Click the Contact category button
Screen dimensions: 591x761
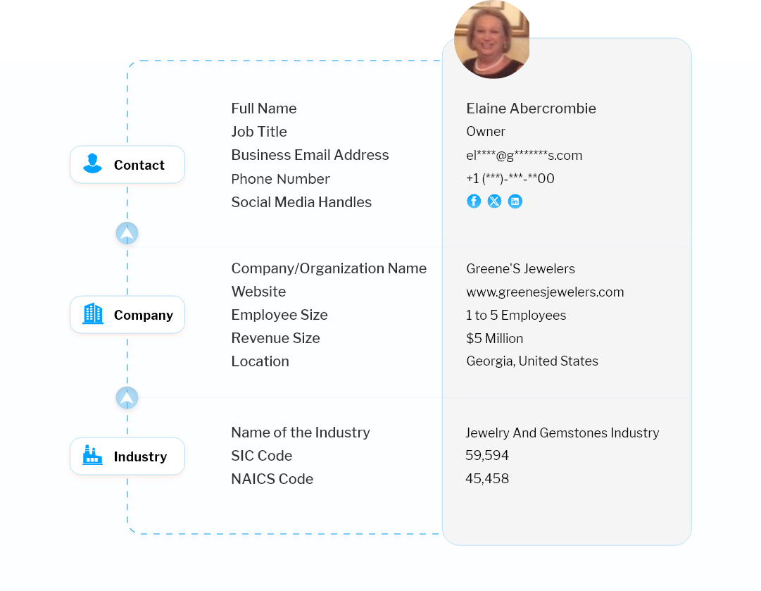[x=127, y=166]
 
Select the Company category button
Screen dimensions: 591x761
[x=127, y=315]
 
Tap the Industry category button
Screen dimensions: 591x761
[x=127, y=456]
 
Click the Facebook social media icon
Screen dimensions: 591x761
[x=474, y=201]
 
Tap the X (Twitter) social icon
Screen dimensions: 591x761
[x=494, y=201]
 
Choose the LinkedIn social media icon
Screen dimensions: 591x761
[x=515, y=201]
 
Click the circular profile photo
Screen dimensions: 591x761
[x=491, y=39]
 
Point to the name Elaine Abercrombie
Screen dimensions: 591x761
[x=531, y=108]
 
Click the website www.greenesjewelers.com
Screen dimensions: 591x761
[x=545, y=292]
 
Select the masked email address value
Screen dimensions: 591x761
[x=524, y=156]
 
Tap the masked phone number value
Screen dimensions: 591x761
[x=510, y=179]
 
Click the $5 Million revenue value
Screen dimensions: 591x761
[x=494, y=338]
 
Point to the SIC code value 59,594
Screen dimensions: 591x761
[x=486, y=456]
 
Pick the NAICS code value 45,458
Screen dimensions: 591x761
[x=486, y=479]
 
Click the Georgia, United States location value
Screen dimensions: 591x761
[x=532, y=361]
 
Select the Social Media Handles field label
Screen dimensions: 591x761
[x=301, y=202]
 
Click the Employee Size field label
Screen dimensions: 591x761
[x=279, y=315]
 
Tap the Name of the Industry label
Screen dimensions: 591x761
[x=301, y=433]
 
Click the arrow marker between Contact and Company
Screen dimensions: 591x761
[x=127, y=233]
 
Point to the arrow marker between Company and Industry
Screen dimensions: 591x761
[x=127, y=399]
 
